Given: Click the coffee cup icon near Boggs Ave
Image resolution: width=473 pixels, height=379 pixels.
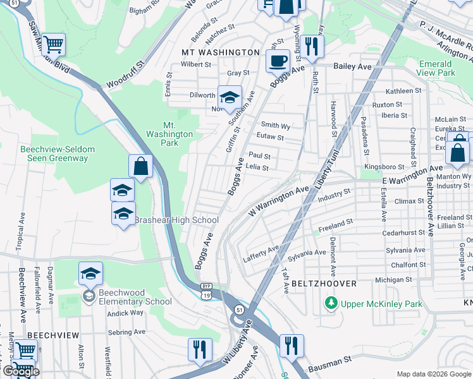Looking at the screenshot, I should click(277, 61).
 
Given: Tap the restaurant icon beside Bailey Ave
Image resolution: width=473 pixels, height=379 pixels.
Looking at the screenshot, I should click(312, 46).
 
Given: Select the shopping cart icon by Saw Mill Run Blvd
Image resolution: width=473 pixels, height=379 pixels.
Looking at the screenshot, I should click(54, 44).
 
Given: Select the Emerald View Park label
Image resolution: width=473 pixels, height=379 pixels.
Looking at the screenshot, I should click(436, 68).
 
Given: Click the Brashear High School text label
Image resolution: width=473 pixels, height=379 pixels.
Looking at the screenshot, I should click(176, 220).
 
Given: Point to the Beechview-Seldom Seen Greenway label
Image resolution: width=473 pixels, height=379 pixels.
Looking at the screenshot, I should click(58, 153).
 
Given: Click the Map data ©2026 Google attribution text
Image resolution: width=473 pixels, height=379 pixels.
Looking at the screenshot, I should click(433, 374).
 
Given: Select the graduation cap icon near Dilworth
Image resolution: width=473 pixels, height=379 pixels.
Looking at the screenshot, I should click(230, 97).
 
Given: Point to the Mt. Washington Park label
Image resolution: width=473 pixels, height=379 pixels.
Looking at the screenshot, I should click(169, 129).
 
